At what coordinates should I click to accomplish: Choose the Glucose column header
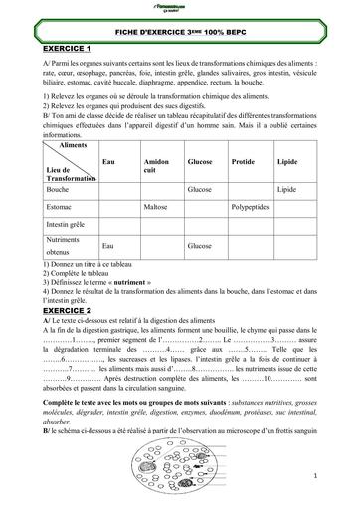[201, 160]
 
